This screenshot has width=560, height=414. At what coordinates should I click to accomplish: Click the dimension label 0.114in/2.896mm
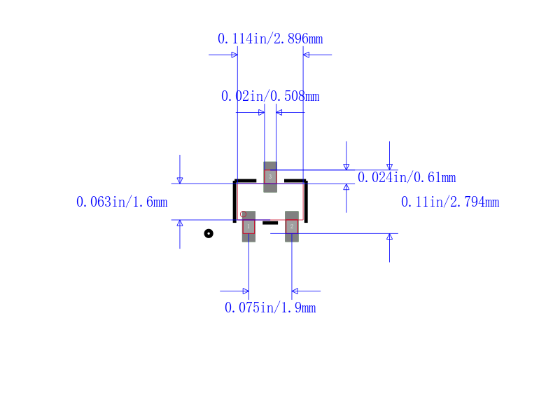point(270,39)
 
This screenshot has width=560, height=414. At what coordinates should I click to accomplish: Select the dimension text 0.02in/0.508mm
point(270,96)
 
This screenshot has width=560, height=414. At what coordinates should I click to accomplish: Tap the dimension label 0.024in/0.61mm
point(407,177)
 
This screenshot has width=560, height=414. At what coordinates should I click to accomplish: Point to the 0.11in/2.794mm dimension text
point(450,202)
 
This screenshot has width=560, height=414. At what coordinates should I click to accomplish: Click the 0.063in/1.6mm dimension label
point(122,202)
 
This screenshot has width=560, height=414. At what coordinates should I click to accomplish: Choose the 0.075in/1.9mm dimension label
point(270,308)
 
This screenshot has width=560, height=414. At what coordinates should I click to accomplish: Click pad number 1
point(248,226)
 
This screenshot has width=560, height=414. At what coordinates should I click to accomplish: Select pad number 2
point(292,226)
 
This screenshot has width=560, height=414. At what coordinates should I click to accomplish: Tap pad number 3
point(270,177)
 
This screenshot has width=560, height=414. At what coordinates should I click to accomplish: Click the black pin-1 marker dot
point(209,233)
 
